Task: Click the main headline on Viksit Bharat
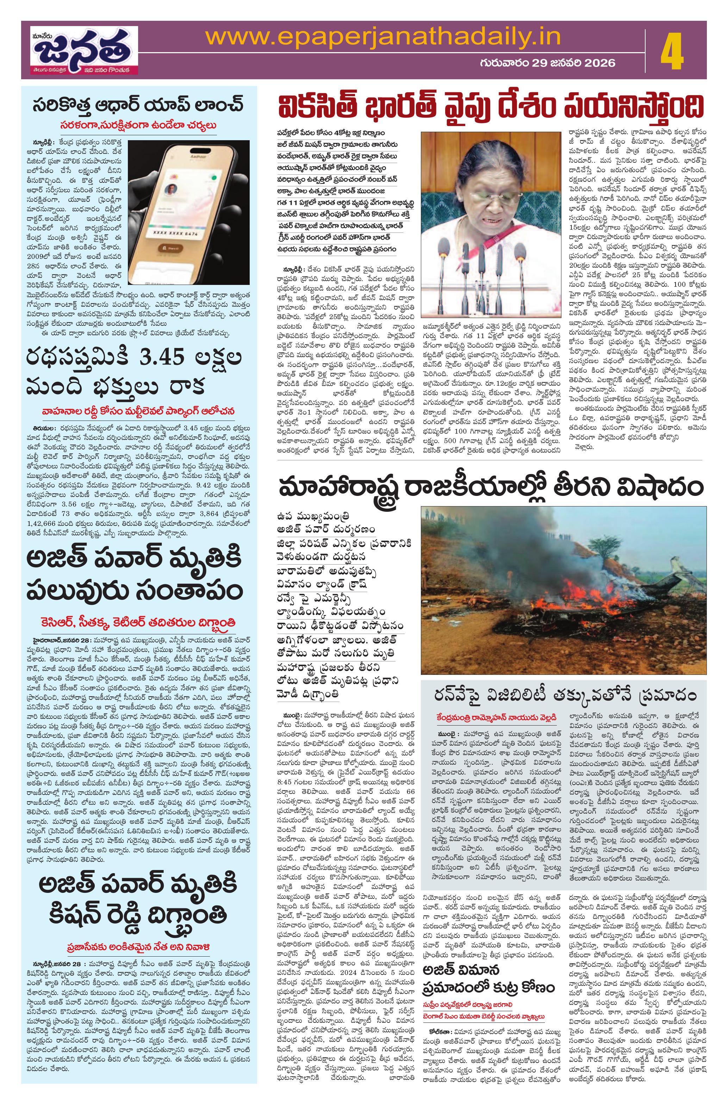491,109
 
